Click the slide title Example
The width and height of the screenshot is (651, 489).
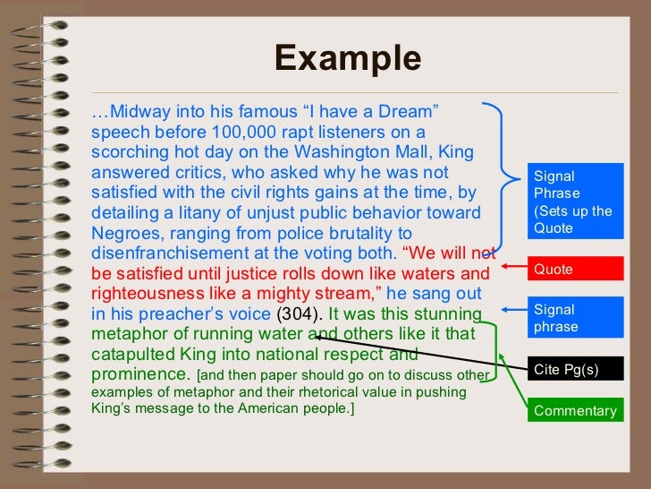coord(347,58)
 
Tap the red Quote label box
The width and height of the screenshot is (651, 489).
coord(572,269)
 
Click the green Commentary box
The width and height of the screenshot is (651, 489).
coord(574,411)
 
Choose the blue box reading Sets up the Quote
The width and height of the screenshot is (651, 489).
coord(572,202)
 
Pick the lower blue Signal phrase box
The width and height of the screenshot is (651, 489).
coord(572,318)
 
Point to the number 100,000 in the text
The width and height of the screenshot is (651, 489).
coord(233,132)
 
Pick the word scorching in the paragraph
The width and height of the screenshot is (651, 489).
coord(128,152)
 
